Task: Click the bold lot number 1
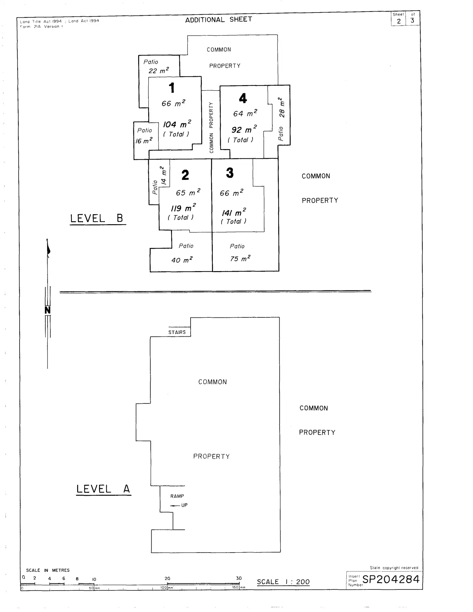[x=172, y=88]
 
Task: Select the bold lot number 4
[x=243, y=98]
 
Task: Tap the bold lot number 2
[x=185, y=175]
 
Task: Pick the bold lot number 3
[x=229, y=173]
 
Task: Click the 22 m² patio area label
[x=158, y=70]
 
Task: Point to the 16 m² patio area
[x=143, y=141]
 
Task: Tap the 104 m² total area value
[x=177, y=124]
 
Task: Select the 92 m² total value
[x=244, y=129]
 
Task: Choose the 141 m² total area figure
[x=234, y=212]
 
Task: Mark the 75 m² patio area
[x=240, y=258]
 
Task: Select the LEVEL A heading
[x=103, y=489]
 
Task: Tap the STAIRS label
[x=177, y=332]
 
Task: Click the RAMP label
[x=177, y=496]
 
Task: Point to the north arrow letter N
[x=48, y=310]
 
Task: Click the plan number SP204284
[x=391, y=579]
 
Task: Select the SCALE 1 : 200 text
[x=283, y=582]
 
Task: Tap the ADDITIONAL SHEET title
[x=219, y=20]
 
